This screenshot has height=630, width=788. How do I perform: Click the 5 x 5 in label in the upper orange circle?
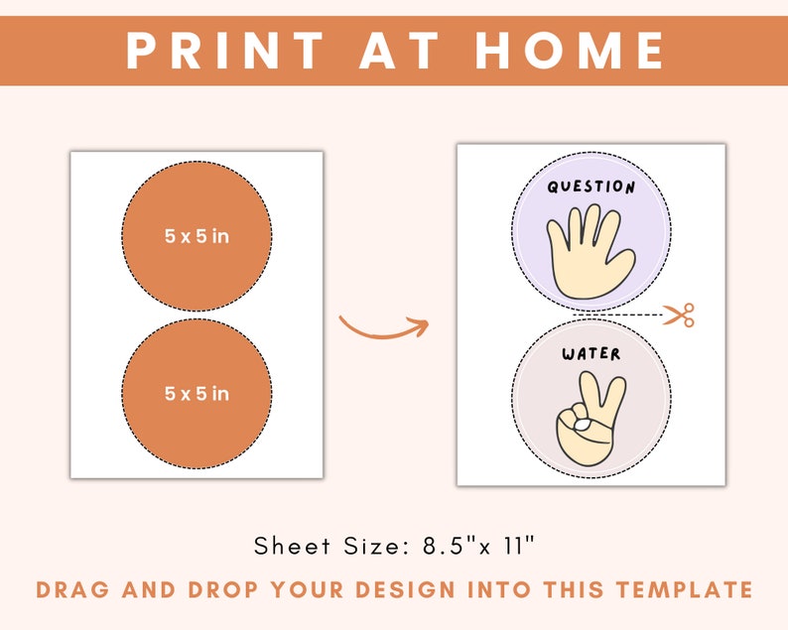(x=197, y=236)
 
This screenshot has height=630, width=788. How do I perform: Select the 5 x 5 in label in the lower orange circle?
(x=197, y=394)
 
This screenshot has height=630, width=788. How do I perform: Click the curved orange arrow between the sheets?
(x=382, y=326)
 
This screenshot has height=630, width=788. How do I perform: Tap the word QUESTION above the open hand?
(x=591, y=187)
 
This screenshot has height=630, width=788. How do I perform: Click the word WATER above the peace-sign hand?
(x=591, y=353)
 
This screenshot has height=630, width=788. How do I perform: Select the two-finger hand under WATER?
(x=591, y=422)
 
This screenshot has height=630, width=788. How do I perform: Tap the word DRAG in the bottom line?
(x=71, y=590)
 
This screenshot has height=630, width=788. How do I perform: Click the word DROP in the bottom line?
(x=205, y=590)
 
